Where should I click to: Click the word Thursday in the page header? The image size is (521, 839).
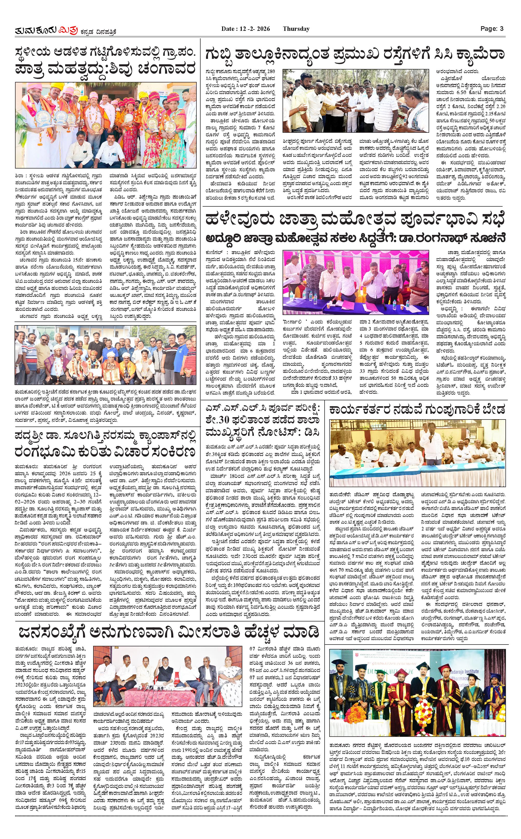click(296, 29)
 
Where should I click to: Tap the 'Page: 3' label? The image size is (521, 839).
click(492, 29)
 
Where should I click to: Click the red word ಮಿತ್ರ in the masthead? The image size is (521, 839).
click(69, 31)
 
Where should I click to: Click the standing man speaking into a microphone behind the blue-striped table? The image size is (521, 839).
click(430, 444)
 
